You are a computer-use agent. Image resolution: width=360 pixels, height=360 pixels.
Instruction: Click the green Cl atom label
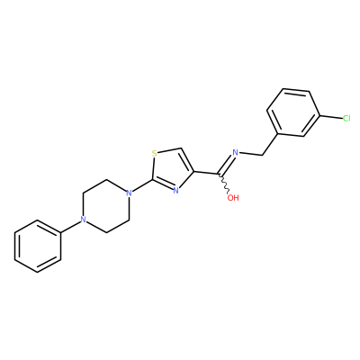click(x=346, y=119)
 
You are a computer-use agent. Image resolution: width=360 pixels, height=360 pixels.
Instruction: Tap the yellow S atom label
click(x=154, y=154)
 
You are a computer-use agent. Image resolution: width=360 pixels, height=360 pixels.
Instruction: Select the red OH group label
click(x=233, y=198)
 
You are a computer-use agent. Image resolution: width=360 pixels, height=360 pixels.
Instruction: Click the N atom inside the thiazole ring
click(x=176, y=190)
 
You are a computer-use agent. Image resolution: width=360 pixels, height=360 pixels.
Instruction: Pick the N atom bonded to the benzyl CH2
click(x=236, y=152)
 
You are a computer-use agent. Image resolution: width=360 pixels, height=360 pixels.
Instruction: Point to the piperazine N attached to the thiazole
click(x=129, y=193)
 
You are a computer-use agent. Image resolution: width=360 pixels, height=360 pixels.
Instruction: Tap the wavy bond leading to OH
click(x=225, y=184)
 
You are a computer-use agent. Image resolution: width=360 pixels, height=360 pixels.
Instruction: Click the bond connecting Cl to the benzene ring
click(x=331, y=117)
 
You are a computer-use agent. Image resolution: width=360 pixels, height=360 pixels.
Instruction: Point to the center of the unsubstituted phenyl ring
click(x=38, y=247)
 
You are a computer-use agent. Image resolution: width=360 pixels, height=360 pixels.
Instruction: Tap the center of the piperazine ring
click(x=106, y=206)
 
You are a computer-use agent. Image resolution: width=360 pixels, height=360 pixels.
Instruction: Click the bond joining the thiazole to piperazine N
click(x=142, y=186)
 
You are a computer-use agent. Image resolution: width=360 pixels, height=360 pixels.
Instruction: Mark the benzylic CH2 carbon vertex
click(x=263, y=155)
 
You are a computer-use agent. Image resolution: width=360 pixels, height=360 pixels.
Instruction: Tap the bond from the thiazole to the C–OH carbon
click(x=207, y=173)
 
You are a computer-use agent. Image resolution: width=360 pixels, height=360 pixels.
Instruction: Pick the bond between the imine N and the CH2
click(x=250, y=154)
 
